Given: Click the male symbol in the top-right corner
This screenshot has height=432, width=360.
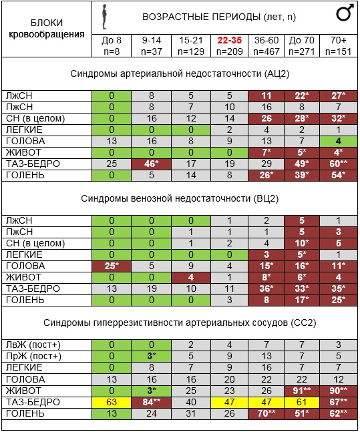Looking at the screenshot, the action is pyautogui.click(x=345, y=13).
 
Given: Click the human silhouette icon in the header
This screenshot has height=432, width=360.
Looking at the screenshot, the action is pyautogui.click(x=104, y=17).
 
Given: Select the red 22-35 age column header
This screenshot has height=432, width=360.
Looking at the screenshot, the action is pyautogui.click(x=229, y=40).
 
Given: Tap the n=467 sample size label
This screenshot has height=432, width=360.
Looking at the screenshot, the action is pyautogui.click(x=266, y=51).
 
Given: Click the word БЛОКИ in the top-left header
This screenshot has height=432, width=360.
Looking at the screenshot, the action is pyautogui.click(x=47, y=23).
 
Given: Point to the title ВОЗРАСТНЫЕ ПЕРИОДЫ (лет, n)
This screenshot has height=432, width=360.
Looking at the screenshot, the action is pyautogui.click(x=219, y=17).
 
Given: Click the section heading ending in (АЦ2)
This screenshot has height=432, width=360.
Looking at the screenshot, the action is pyautogui.click(x=180, y=73).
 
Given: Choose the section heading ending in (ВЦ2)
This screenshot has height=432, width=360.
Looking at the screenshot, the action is pyautogui.click(x=180, y=198).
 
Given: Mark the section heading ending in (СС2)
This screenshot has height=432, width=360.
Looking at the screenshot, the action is pyautogui.click(x=180, y=322).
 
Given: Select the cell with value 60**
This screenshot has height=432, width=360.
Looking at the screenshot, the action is pyautogui.click(x=339, y=164).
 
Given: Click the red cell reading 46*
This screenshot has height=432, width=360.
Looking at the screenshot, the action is pyautogui.click(x=152, y=164).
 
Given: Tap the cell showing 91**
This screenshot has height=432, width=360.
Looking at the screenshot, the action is pyautogui.click(x=302, y=391).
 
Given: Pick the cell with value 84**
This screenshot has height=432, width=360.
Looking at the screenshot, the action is pyautogui.click(x=152, y=402).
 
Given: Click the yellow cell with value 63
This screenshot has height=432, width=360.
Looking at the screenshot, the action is pyautogui.click(x=112, y=402).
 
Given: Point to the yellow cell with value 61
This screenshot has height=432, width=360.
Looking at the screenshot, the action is pyautogui.click(x=302, y=402).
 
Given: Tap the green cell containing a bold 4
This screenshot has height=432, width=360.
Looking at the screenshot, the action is pyautogui.click(x=339, y=141).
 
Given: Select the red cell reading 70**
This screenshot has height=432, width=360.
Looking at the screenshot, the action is pyautogui.click(x=266, y=413).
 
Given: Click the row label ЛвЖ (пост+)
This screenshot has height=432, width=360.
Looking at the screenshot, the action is pyautogui.click(x=33, y=345).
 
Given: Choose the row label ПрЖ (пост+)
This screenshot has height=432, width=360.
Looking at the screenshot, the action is pyautogui.click(x=33, y=357).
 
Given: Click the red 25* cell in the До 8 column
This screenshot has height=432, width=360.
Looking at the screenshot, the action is pyautogui.click(x=112, y=266).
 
